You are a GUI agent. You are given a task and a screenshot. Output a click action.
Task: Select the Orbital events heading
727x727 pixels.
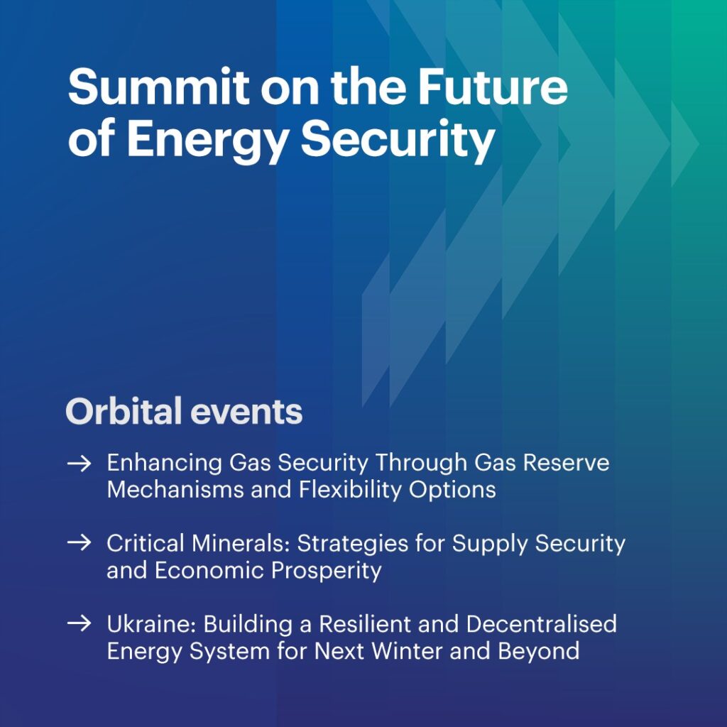(x=184, y=411)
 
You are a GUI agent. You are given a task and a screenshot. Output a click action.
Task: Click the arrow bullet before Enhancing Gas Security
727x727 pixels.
(x=79, y=463)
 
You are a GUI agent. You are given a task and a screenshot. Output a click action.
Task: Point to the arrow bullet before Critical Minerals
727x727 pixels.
(x=79, y=542)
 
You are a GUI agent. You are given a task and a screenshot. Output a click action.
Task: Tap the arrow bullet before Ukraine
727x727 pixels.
(x=79, y=623)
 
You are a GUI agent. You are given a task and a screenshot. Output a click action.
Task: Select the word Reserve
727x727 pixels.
(x=566, y=462)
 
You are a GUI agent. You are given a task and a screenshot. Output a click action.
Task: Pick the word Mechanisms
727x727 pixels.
(x=175, y=489)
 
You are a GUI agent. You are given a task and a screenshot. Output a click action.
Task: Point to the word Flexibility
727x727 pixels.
(x=350, y=491)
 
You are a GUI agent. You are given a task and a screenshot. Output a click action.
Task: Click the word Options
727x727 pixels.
(x=452, y=491)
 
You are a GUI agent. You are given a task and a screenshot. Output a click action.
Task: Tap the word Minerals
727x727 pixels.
(x=241, y=543)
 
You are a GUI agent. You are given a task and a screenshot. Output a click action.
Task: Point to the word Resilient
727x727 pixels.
(x=366, y=623)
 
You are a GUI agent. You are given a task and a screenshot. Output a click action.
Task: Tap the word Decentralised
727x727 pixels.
(x=541, y=623)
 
